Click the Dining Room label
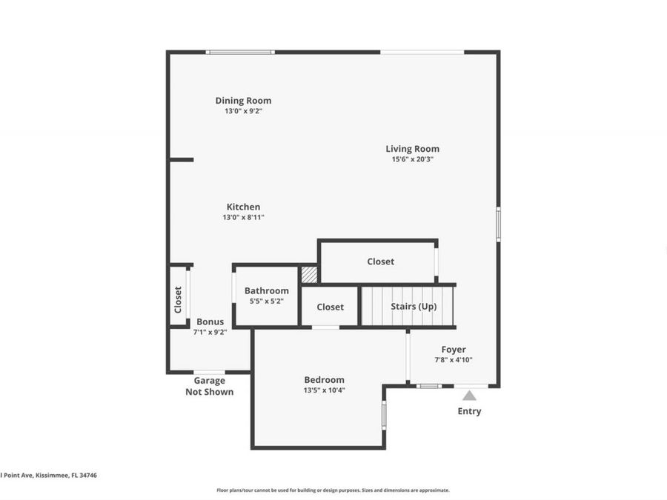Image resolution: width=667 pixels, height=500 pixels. tap(243, 101)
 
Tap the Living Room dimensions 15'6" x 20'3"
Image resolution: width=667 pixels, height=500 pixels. tap(412, 159)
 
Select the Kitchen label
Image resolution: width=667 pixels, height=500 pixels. tap(243, 207)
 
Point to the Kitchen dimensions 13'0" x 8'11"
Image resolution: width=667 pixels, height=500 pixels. tap(243, 218)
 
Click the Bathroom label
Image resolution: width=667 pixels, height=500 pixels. tap(267, 291)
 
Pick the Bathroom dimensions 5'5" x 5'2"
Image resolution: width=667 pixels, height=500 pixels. tap(267, 301)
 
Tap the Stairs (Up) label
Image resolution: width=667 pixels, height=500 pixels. tap(414, 307)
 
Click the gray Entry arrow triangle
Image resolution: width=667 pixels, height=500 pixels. tap(469, 396)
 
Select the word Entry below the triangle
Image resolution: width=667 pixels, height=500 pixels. tap(469, 412)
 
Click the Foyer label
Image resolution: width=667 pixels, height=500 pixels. tap(454, 350)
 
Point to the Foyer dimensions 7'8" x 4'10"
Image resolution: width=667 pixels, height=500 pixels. tap(454, 360)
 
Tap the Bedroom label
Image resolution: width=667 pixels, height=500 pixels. tap(324, 380)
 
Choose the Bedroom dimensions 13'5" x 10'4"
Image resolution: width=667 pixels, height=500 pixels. tap(324, 390)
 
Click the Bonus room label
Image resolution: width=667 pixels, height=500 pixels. tap(210, 322)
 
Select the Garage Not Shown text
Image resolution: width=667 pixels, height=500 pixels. tap(209, 387)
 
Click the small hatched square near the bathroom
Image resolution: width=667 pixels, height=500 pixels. tap(310, 274)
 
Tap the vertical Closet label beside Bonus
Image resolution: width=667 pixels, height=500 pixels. tap(178, 299)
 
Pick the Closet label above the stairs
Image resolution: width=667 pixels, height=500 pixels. tap(380, 261)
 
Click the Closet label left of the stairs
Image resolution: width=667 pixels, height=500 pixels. tap(330, 307)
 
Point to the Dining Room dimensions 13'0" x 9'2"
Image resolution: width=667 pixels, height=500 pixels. tap(243, 111)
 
